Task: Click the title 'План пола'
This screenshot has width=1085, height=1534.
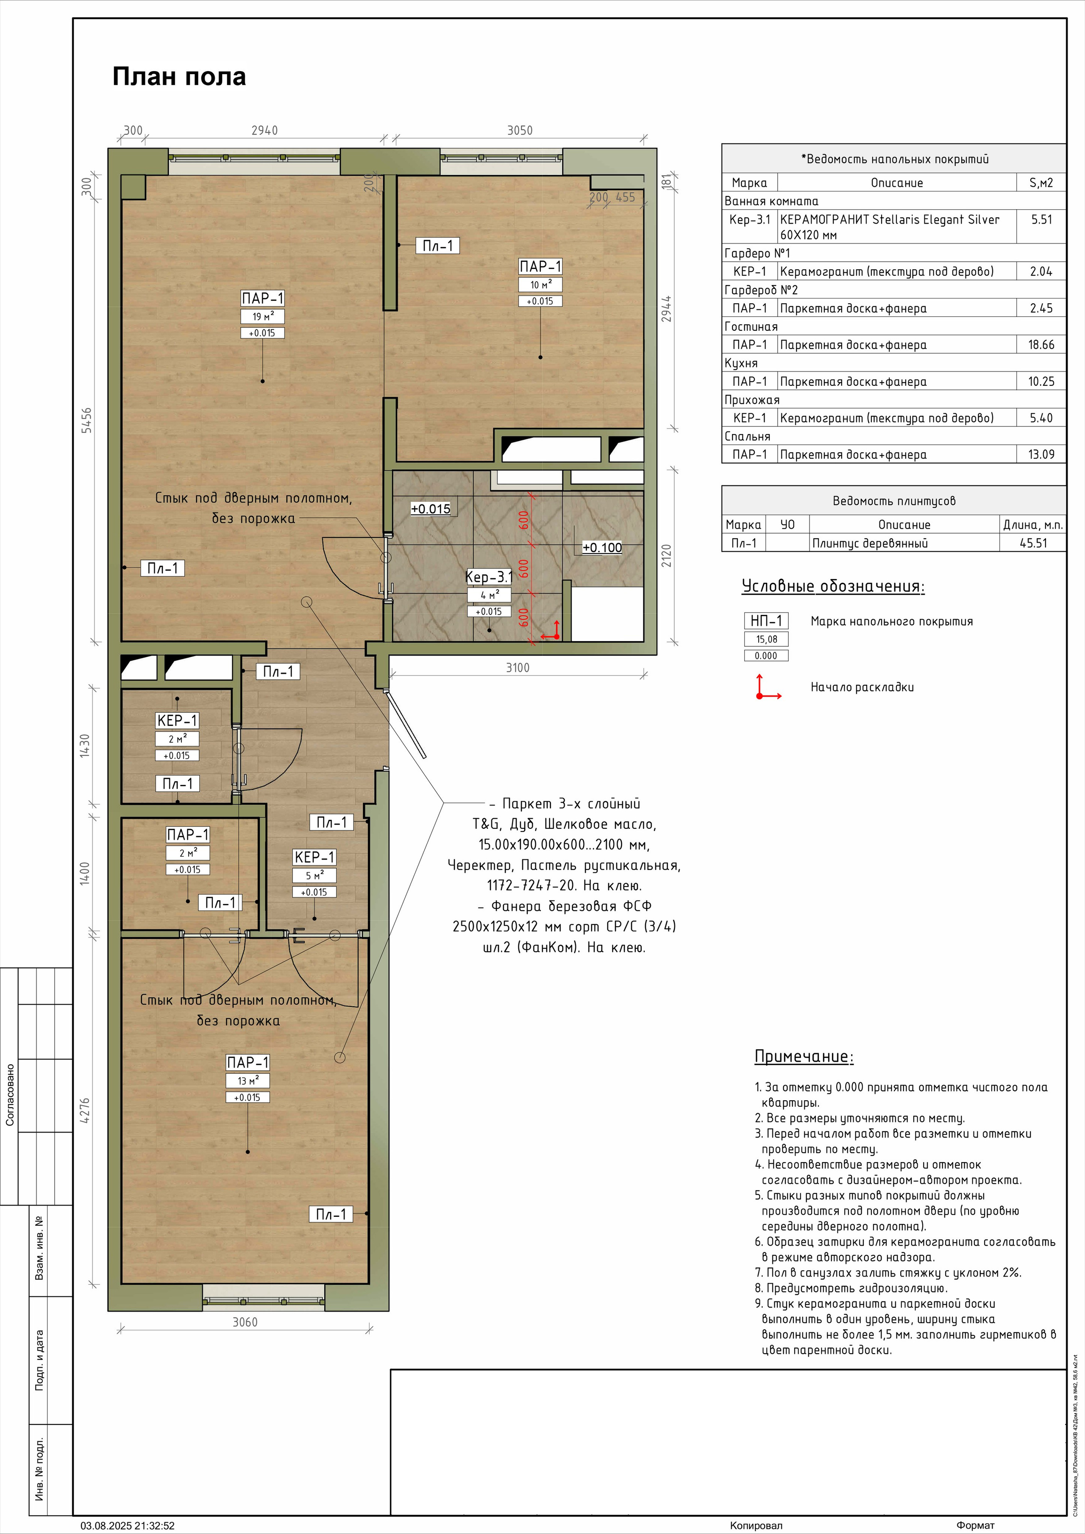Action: coord(179,77)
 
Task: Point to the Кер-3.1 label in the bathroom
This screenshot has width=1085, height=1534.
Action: coord(489,576)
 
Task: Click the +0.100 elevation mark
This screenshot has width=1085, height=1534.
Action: coord(602,547)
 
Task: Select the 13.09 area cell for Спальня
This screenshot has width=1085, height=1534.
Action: coord(1041,454)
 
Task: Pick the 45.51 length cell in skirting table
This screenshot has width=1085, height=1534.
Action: coord(1033,543)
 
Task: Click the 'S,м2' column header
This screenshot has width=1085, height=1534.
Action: coord(1041,183)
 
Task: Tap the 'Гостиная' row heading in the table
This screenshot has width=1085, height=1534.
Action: coord(751,327)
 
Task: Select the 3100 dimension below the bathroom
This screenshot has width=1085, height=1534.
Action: coord(517,667)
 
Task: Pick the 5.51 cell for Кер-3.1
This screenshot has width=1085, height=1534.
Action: coord(1041,219)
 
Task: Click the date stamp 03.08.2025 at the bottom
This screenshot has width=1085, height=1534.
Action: coord(128,1525)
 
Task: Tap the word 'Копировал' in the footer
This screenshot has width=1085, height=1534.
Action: coord(756,1525)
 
